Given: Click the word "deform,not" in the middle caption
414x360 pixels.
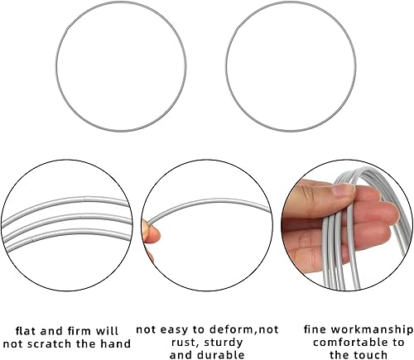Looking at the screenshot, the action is coord(244,329).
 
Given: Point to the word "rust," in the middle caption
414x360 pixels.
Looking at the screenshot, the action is coord(183,343).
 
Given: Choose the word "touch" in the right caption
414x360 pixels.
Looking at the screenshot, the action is coord(370,355).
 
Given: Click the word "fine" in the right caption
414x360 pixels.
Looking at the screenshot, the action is coord(315,329).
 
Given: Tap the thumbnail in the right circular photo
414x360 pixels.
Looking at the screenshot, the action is coord(343,190).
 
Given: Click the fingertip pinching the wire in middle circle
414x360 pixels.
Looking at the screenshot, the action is coord(152,233).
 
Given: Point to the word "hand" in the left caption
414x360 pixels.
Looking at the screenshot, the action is coord(115,343).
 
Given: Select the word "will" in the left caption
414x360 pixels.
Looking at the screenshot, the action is coord(107,331).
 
